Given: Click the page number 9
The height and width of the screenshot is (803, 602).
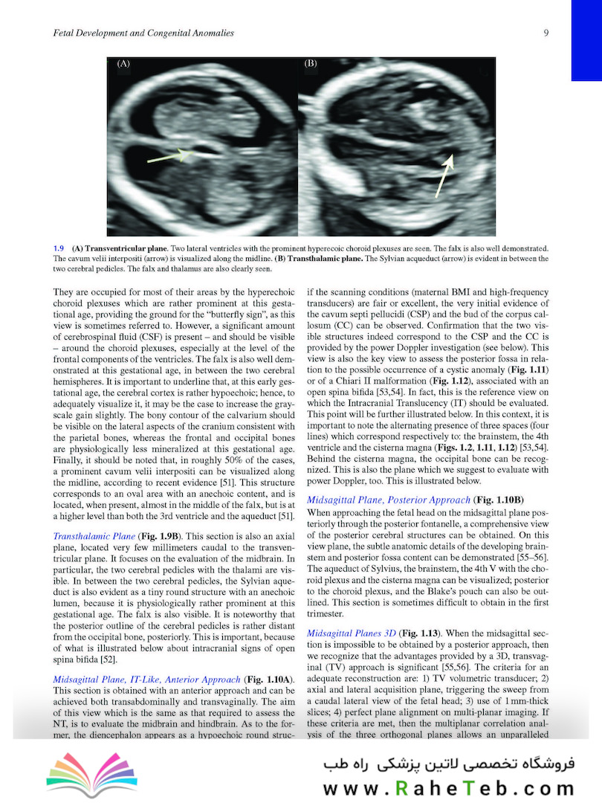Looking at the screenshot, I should pyautogui.click(x=546, y=33).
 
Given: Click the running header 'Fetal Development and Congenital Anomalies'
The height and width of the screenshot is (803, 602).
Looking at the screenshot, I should pyautogui.click(x=140, y=33).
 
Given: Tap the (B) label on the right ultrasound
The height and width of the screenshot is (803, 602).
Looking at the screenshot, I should pyautogui.click(x=311, y=64).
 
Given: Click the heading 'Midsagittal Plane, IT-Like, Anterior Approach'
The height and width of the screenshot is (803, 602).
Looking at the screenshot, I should pyautogui.click(x=147, y=680).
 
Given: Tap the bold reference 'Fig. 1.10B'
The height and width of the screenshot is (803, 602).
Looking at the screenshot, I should pyautogui.click(x=499, y=500).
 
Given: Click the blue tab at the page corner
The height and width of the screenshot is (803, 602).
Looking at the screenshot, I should pyautogui.click(x=586, y=40).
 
